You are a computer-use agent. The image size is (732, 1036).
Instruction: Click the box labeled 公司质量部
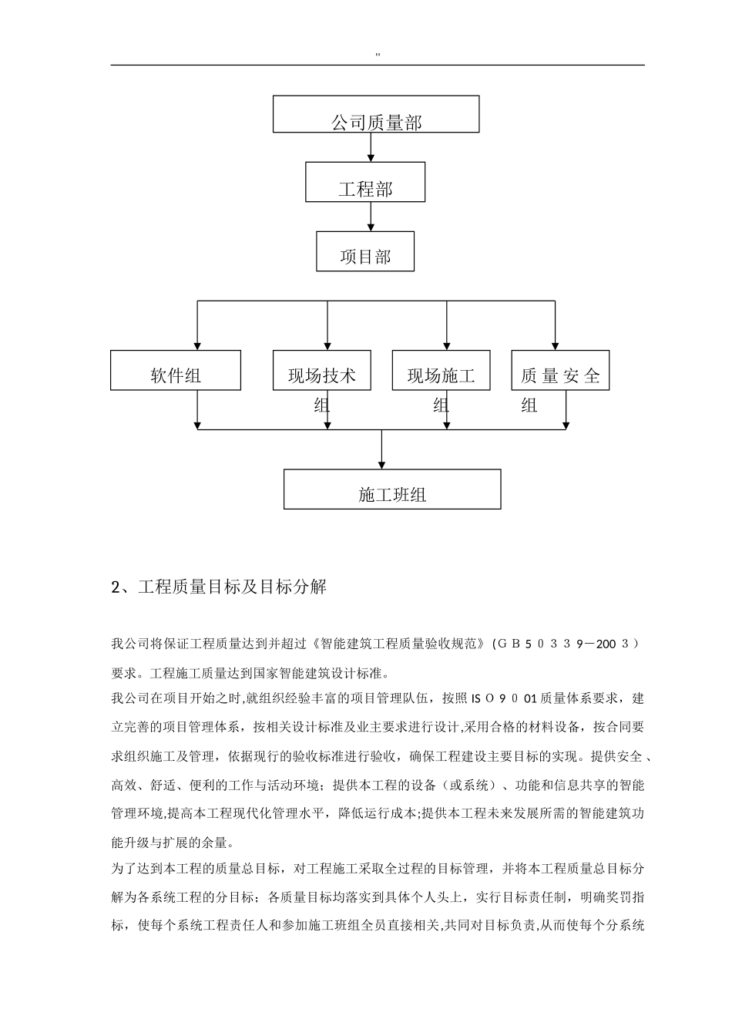(376, 115)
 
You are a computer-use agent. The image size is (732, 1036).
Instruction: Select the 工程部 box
(365, 183)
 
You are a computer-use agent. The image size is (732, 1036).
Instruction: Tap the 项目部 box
(365, 252)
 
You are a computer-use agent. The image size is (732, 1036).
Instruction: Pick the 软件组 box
(176, 371)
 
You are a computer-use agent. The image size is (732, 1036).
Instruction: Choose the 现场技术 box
(322, 371)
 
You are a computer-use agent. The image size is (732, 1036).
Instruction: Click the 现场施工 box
(441, 371)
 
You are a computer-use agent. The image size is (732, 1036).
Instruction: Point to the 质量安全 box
(560, 371)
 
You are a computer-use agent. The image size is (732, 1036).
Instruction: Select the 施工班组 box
(392, 489)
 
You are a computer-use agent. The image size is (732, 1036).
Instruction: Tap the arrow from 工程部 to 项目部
(371, 217)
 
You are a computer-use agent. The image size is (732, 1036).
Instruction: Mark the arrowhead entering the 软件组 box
(198, 345)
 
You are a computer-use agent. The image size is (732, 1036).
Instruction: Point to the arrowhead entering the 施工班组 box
(382, 463)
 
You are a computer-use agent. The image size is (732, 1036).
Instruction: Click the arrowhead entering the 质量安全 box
(555, 345)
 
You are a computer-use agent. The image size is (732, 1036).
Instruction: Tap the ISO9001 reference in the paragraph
(504, 699)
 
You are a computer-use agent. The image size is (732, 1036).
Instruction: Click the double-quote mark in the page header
(378, 55)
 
